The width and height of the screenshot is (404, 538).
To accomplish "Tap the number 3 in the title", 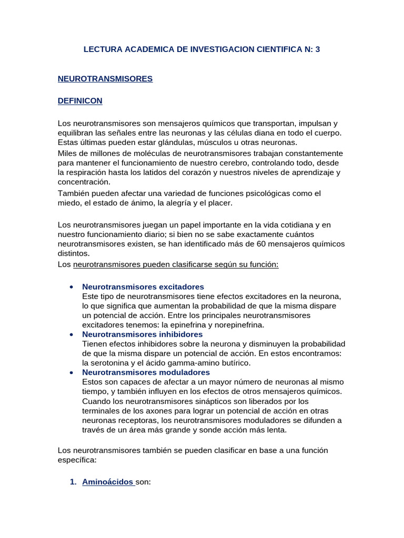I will tap(317, 49).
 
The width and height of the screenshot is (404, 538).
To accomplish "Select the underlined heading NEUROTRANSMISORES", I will tap(105, 79).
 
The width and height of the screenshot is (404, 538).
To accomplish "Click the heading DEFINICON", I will tap(80, 100).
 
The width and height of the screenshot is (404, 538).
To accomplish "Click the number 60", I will tap(274, 244).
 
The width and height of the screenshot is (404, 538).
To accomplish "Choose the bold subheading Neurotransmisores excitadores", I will tap(143, 287).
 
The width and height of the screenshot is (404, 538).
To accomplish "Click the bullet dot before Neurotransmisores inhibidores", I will tap(70, 335).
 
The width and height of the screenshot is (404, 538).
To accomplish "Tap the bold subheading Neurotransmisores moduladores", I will tap(146, 373).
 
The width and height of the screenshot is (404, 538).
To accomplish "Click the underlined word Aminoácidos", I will tap(108, 482).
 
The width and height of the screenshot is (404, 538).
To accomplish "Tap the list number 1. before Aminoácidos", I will tap(74, 482).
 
